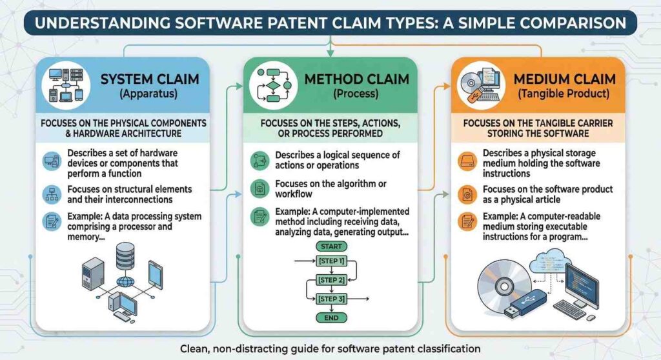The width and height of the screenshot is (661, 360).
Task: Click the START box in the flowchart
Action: coord(330,245)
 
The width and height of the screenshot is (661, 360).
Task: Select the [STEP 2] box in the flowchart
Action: coord(330,280)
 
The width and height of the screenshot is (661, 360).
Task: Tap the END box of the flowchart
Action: coord(330,317)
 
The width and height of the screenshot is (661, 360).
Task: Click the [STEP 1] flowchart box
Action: coord(330,261)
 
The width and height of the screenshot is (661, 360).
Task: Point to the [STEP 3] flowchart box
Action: coord(330,299)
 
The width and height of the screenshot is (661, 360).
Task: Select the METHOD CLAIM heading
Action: coord(366,79)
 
